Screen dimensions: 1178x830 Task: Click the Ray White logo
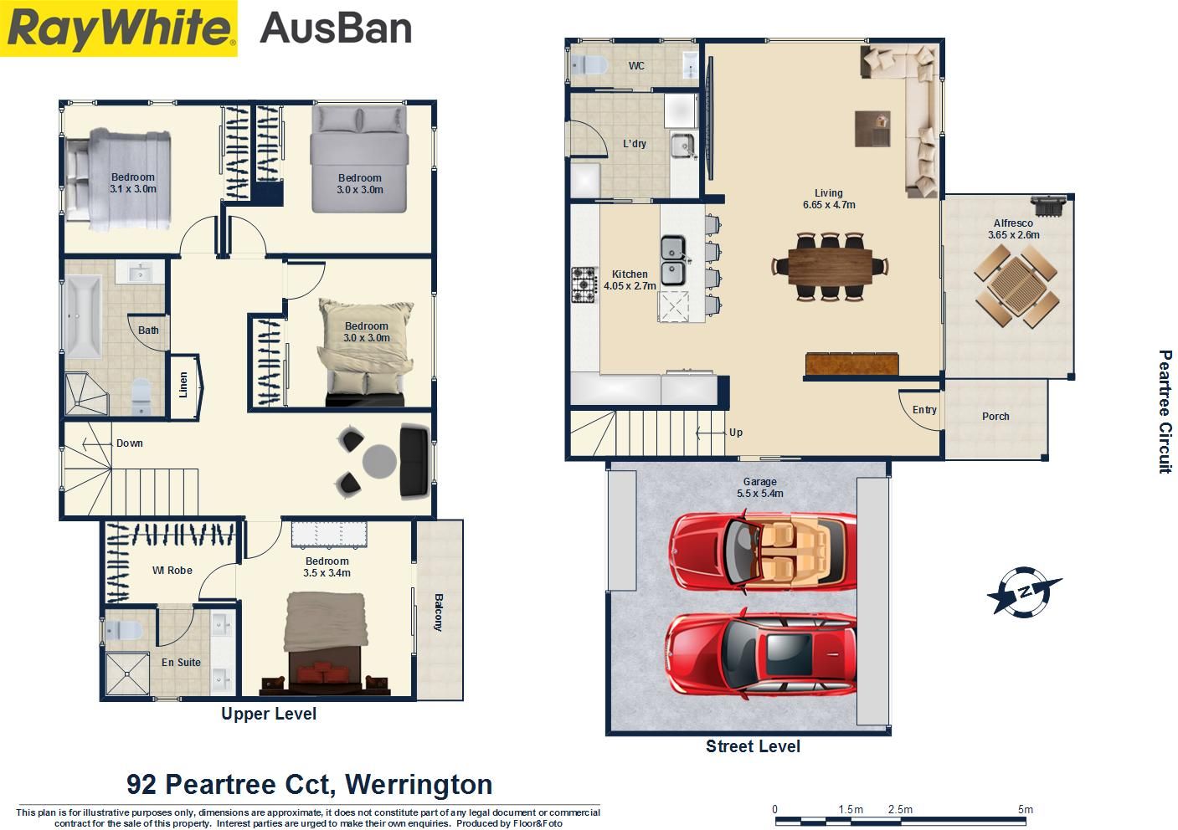118,28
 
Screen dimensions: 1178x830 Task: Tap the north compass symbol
1024,592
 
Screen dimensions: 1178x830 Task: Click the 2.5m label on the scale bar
900,809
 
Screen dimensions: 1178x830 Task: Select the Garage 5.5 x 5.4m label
760,487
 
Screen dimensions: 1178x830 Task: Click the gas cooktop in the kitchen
584,284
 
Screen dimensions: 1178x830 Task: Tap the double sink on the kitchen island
672,261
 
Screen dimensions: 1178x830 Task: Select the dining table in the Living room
830,267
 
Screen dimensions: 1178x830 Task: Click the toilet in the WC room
589,66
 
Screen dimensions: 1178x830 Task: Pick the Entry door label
924,410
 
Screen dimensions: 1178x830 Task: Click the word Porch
995,417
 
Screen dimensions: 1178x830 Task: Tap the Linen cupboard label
183,385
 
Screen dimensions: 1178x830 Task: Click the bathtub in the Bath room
83,317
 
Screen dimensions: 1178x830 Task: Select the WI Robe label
172,571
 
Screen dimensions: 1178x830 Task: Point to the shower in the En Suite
127,674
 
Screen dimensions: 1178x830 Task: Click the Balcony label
439,612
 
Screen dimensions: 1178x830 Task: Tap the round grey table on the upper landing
380,462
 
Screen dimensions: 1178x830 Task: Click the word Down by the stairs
130,443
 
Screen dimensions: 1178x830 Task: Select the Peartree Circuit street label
1165,412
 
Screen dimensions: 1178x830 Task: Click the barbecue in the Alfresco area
1048,206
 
